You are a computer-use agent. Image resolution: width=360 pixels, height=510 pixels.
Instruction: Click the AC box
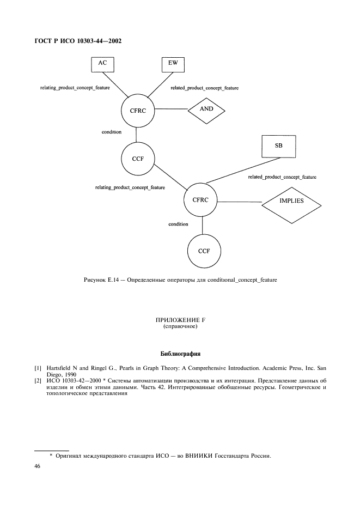(x=102, y=64)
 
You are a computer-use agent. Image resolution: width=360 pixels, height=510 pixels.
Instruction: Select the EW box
(x=173, y=64)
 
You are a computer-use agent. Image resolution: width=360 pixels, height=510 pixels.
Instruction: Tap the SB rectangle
(x=279, y=147)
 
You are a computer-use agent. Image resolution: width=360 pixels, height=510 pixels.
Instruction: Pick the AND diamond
(x=206, y=111)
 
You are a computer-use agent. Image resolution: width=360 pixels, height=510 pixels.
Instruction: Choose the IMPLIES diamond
(x=291, y=205)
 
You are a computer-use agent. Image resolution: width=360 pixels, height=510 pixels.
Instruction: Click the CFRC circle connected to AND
(x=138, y=111)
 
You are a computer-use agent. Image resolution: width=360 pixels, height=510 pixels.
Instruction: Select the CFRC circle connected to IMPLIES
(x=200, y=200)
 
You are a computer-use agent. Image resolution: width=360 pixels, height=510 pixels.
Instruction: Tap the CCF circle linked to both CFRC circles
(x=138, y=159)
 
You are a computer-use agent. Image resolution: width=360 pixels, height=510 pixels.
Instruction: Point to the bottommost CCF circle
(x=204, y=251)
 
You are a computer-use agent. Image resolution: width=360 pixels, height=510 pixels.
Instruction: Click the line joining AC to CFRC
(x=116, y=84)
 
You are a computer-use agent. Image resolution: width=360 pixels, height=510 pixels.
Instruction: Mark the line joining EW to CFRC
(x=160, y=84)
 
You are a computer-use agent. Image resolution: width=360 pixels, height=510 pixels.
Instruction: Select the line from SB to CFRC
(x=243, y=171)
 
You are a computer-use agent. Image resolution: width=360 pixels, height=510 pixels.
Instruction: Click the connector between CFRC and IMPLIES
(x=240, y=202)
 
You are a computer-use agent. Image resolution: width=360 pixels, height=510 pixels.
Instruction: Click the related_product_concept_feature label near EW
(x=205, y=88)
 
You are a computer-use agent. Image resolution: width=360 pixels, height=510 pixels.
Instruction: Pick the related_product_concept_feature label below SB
(x=282, y=177)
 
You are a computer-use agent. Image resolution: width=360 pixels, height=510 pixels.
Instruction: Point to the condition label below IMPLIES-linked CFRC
(x=178, y=224)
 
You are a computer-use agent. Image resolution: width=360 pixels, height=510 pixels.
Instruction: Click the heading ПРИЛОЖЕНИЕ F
(x=180, y=320)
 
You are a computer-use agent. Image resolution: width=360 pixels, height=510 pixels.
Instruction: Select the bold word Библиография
(x=180, y=354)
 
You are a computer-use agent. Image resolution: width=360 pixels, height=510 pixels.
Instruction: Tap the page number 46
(x=37, y=466)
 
